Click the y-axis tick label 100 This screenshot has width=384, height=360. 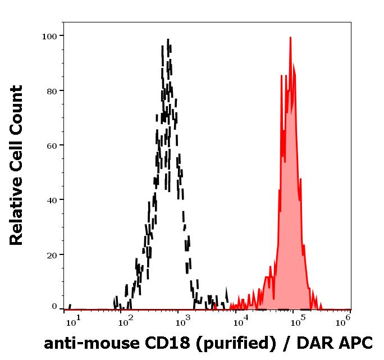49,36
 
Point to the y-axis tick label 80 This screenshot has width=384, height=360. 52,90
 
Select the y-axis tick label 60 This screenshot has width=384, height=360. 52,145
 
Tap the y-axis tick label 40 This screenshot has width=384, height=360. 52,200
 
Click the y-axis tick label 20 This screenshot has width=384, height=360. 52,254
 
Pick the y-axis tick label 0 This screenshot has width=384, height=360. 54,307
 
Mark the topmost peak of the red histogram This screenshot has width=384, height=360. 290,38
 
